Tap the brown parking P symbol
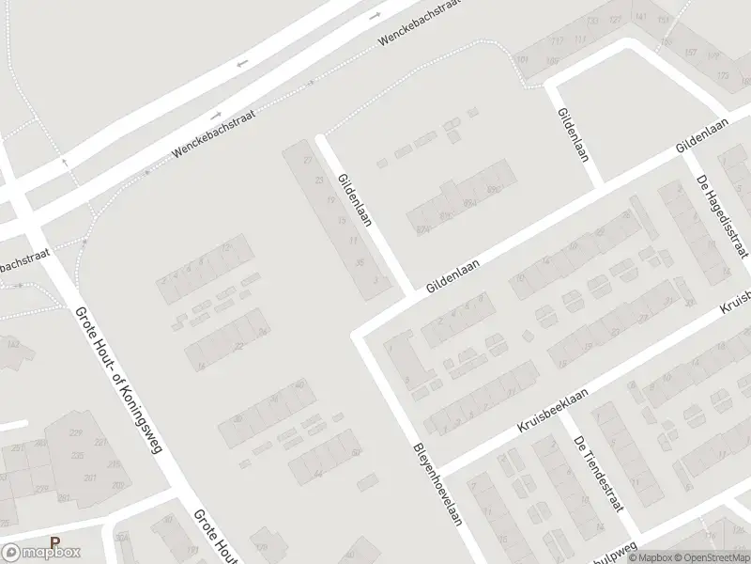(55, 542)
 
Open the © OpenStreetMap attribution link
(710, 557)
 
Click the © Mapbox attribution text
(648, 557)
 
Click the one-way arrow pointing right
(377, 16)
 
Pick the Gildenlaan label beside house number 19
(358, 198)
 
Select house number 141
(641, 17)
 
